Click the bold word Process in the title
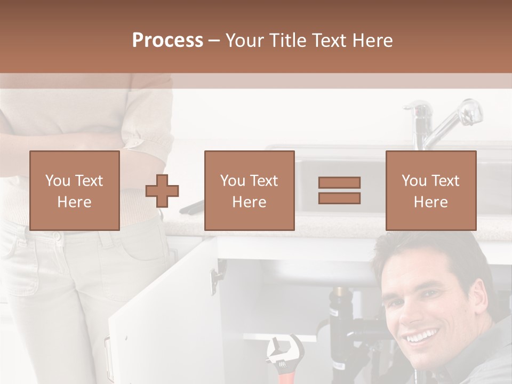[x=167, y=40]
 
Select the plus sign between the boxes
[x=162, y=190]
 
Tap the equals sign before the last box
[x=339, y=190]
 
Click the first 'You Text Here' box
[x=75, y=190]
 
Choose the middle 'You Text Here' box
[x=250, y=190]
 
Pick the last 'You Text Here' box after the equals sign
[x=431, y=190]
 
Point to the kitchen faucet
[x=437, y=120]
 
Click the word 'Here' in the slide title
[x=372, y=40]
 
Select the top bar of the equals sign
[x=339, y=182]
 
